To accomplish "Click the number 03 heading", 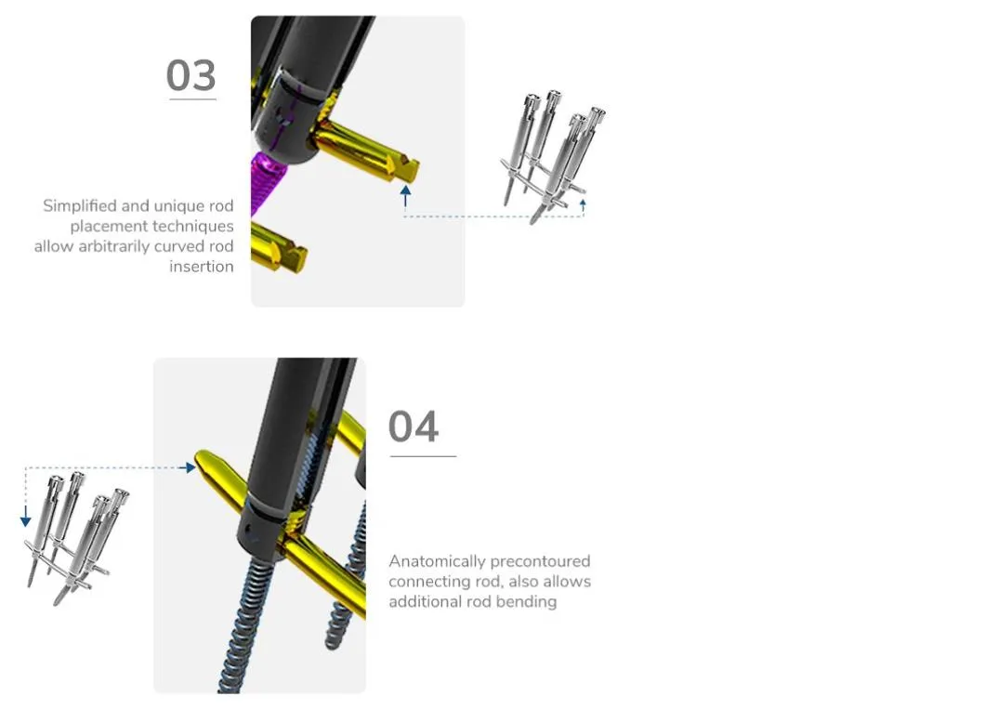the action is (191, 75).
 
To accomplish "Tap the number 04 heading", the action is (414, 427).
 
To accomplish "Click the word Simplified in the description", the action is (80, 206).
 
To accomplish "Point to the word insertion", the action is (202, 267).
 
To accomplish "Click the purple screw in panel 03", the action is (265, 182).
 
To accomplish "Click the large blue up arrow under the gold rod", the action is (406, 195).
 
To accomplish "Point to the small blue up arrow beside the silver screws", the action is (583, 206).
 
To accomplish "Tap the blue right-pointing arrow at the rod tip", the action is (186, 467).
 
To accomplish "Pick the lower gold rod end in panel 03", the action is (295, 256).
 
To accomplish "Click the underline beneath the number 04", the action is (423, 456).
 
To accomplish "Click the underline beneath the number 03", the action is (193, 99).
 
